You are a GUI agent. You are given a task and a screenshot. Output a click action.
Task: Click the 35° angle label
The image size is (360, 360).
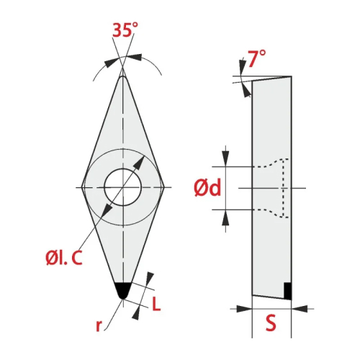point(125,30)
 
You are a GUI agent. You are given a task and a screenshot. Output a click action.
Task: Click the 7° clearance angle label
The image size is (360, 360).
point(256,58)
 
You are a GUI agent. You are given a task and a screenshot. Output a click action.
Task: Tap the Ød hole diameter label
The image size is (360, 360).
point(207,188)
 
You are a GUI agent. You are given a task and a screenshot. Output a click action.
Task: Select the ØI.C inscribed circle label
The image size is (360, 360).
point(64,257)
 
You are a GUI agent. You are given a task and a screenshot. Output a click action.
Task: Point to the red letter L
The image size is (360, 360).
point(156,304)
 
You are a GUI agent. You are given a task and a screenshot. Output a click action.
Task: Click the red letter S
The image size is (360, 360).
point(271,323)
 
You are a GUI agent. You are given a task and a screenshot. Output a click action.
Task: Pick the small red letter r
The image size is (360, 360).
point(99,325)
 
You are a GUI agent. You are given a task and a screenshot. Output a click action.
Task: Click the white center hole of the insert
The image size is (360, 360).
point(123,187)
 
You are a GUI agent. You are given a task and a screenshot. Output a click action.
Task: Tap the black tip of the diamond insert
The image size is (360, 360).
point(122,290)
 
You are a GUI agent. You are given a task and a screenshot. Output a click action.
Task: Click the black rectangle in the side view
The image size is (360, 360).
point(287,291)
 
